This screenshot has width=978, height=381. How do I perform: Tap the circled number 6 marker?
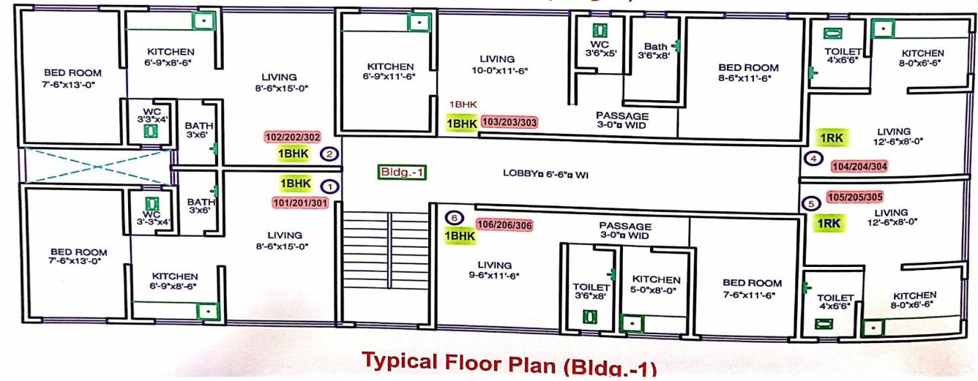point(454,218)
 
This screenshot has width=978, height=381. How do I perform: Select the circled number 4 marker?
point(812,159)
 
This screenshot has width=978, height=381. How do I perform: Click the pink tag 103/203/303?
point(509,123)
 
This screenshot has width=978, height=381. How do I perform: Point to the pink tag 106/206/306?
point(504,225)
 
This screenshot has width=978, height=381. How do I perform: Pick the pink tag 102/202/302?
point(292,137)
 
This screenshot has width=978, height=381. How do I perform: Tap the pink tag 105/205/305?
point(854,197)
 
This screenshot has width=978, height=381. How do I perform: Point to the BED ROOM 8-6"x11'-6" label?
point(748,72)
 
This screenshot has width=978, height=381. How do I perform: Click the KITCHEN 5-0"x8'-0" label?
point(656,284)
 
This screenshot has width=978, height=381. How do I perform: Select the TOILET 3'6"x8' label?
point(591,292)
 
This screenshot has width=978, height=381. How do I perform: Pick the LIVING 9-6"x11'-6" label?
point(494,271)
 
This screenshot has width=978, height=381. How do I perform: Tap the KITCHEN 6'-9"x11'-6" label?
point(390,71)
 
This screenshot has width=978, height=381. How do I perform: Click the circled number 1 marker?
point(330,187)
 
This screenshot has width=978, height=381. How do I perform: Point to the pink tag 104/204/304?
point(860,165)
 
